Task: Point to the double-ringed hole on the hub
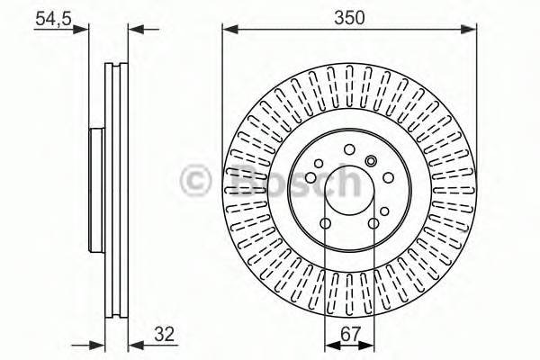(x=371, y=161)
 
